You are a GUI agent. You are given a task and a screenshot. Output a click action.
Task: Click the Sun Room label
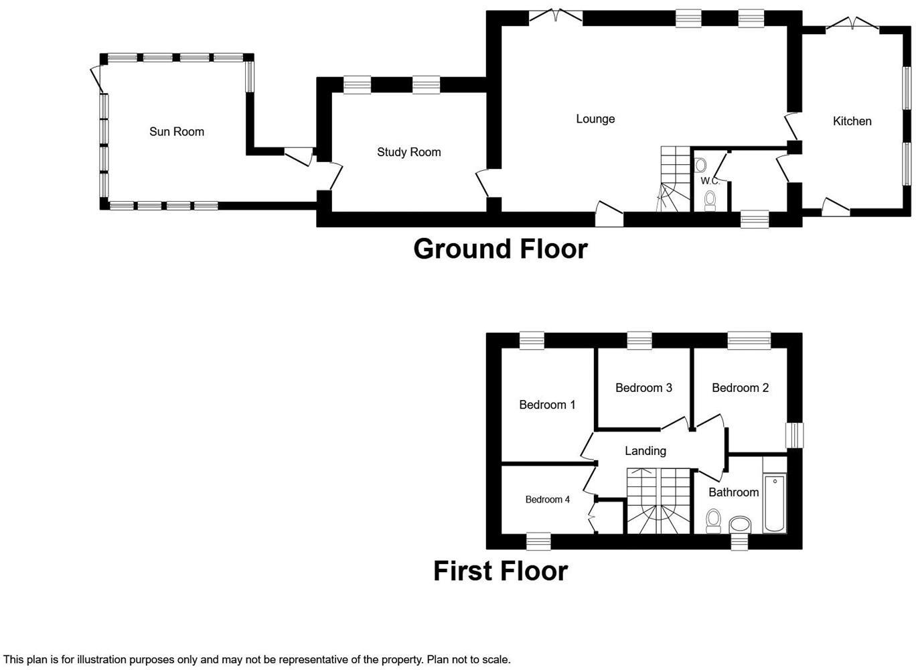pos(176,131)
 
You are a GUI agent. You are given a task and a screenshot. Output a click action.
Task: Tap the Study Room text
pos(408,152)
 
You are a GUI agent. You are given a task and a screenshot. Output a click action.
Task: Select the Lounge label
pos(595,119)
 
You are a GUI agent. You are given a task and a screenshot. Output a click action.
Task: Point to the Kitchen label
pos(852,121)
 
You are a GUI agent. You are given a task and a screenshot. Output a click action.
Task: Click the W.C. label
pos(710,181)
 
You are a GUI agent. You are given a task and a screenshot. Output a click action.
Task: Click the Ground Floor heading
pos(500,249)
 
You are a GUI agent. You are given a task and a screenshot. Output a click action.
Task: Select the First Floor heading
pos(500,571)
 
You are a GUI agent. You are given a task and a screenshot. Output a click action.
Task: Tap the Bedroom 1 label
pos(547,405)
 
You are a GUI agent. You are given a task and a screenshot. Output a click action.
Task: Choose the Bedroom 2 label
pos(740,388)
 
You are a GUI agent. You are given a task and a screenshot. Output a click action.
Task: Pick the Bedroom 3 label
pos(643,388)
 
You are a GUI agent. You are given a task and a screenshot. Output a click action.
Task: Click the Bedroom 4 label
pos(547,499)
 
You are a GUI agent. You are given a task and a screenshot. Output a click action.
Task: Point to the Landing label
pos(645,451)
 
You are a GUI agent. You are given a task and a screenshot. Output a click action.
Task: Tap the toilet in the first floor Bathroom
pos(714,520)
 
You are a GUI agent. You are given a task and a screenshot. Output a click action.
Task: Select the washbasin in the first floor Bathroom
pos(740,523)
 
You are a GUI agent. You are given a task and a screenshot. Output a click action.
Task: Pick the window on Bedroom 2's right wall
pos(795,435)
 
